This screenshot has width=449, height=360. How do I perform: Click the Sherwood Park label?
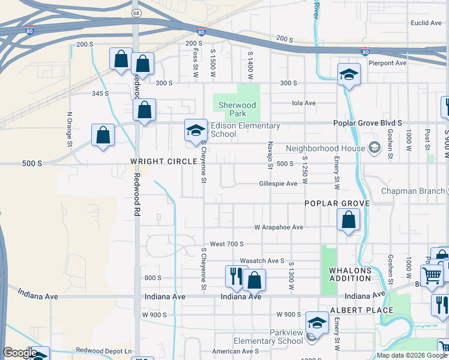point(237,109)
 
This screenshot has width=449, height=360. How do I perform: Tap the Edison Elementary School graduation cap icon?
point(195,130)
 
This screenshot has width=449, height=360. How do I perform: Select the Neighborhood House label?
point(325,148)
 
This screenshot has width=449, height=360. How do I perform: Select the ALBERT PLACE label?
point(361,310)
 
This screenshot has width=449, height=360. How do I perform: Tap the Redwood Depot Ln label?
point(103,350)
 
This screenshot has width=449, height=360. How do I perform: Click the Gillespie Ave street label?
point(278,184)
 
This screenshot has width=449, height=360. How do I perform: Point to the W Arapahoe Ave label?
point(279,227)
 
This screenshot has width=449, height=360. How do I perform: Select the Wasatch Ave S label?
point(262,261)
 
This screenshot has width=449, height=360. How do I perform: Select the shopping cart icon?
point(432,276)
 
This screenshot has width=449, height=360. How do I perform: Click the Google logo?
point(20,353)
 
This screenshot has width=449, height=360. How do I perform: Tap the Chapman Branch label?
point(414,191)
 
